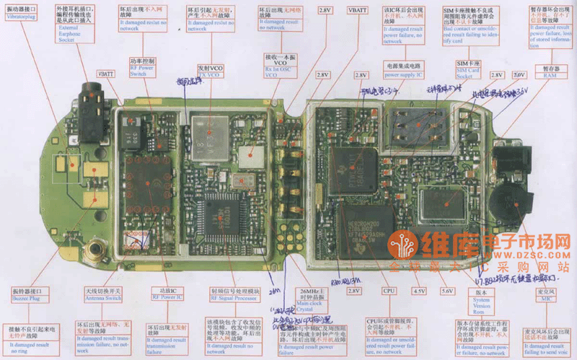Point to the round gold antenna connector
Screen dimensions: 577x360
click(92, 250)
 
